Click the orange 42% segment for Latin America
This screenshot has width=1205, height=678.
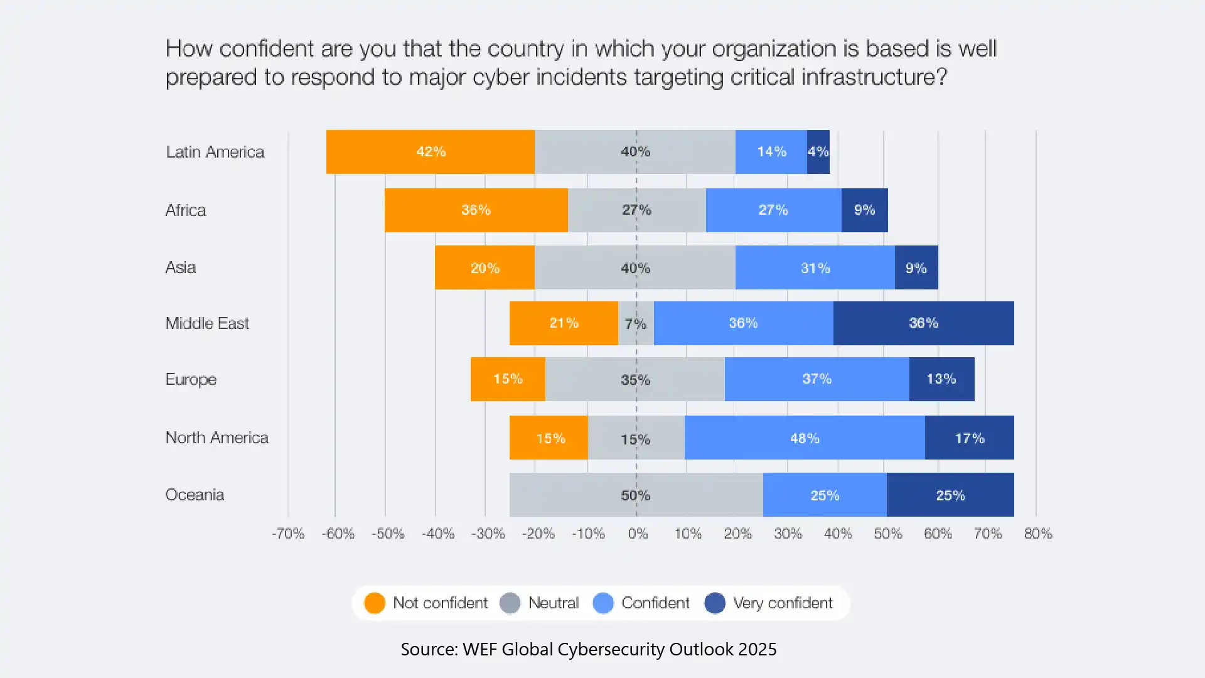click(431, 151)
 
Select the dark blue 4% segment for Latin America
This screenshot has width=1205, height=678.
click(818, 151)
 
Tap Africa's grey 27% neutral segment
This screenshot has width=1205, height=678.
click(636, 210)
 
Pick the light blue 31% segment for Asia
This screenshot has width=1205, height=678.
click(815, 268)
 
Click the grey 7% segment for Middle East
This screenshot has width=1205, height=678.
click(635, 323)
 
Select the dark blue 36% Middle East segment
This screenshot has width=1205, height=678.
click(923, 323)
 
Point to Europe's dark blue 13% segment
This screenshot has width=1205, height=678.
click(941, 379)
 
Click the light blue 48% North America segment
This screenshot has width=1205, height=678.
click(804, 438)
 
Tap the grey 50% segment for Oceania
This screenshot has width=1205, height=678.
click(635, 495)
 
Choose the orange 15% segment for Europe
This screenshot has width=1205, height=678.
click(507, 379)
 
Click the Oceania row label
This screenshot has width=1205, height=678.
click(195, 495)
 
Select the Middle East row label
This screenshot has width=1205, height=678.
click(207, 323)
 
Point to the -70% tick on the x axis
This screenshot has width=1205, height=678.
click(288, 534)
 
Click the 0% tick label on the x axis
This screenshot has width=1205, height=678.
click(638, 534)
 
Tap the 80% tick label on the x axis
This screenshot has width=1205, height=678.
click(1037, 534)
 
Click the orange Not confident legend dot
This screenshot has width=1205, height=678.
click(375, 603)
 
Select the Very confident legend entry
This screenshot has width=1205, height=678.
click(782, 603)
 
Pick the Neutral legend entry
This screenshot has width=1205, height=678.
click(553, 603)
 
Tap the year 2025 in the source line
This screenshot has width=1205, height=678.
click(757, 649)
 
